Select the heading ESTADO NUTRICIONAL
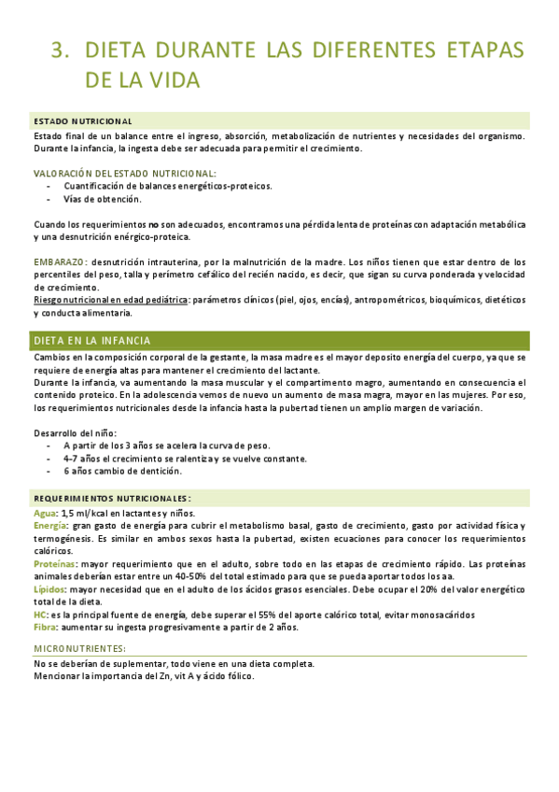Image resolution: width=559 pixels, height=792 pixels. pyautogui.click(x=82, y=121)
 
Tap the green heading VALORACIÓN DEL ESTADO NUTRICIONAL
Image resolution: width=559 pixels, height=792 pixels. pyautogui.click(x=125, y=174)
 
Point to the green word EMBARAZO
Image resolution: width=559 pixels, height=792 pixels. pyautogui.click(x=61, y=262)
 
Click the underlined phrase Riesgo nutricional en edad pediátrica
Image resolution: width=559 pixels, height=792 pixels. pyautogui.click(x=110, y=300)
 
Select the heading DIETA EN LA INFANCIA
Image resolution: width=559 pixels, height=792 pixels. pyautogui.click(x=92, y=341)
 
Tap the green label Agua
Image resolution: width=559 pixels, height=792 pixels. pyautogui.click(x=45, y=513)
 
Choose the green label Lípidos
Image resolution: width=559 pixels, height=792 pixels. pyautogui.click(x=49, y=590)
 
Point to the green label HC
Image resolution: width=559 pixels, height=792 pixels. pyautogui.click(x=40, y=615)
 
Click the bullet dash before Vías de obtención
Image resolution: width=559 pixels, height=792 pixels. pyautogui.click(x=49, y=199)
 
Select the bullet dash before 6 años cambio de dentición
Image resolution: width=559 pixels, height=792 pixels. pyautogui.click(x=49, y=472)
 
